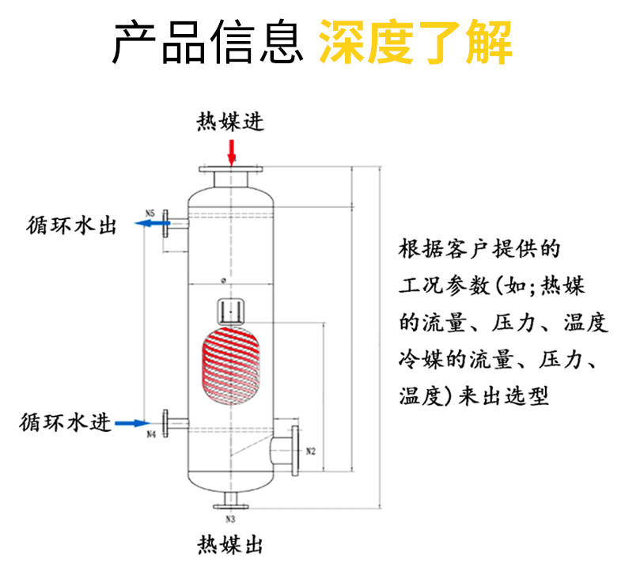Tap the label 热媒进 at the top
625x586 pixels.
tap(231, 122)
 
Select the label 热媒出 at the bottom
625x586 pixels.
tap(230, 545)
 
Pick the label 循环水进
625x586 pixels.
tap(65, 422)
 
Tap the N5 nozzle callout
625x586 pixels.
tap(150, 212)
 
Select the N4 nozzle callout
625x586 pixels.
tap(150, 435)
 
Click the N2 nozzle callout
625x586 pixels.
tap(310, 452)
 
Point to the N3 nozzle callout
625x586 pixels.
tap(231, 520)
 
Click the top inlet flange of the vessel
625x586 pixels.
tap(231, 169)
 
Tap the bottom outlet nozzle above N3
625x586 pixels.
tap(231, 502)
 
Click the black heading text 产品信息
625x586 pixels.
tap(209, 42)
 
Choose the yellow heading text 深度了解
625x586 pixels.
tap(415, 42)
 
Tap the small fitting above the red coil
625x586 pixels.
tap(230, 309)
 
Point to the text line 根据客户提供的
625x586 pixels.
tap(480, 250)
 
